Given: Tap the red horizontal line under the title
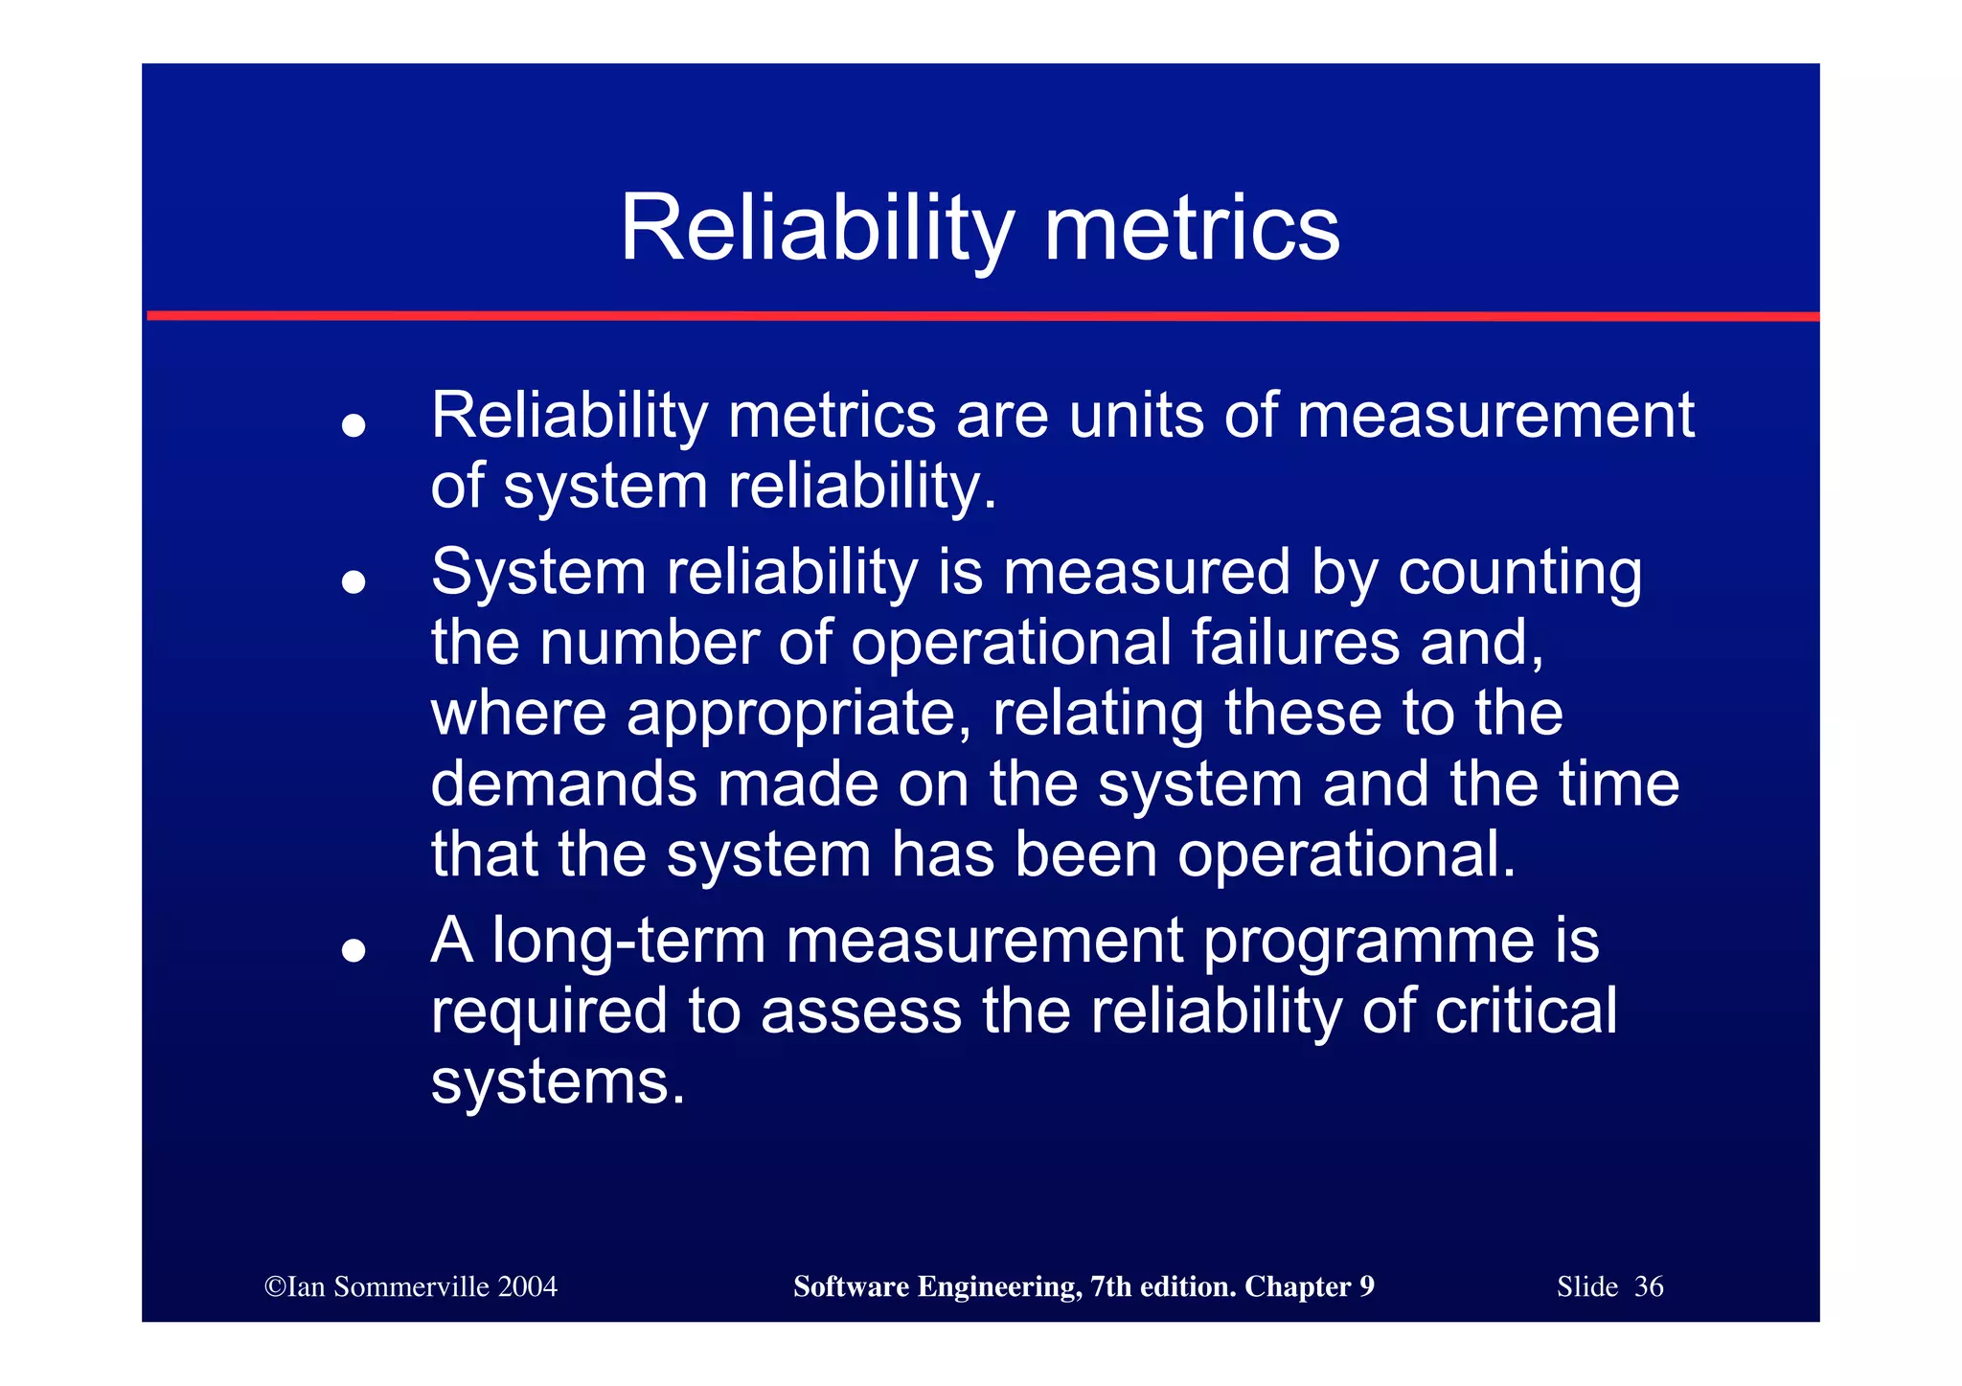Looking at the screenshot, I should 981,315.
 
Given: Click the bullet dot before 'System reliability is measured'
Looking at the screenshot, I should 354,580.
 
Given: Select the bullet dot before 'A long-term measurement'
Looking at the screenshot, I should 354,949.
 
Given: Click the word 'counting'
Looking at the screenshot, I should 1520,574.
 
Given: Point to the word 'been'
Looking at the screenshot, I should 1086,854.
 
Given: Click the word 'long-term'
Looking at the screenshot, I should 628,941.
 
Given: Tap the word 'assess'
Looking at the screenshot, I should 861,1011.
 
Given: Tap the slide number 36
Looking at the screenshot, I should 1648,1286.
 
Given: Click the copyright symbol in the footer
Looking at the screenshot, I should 275,1287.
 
